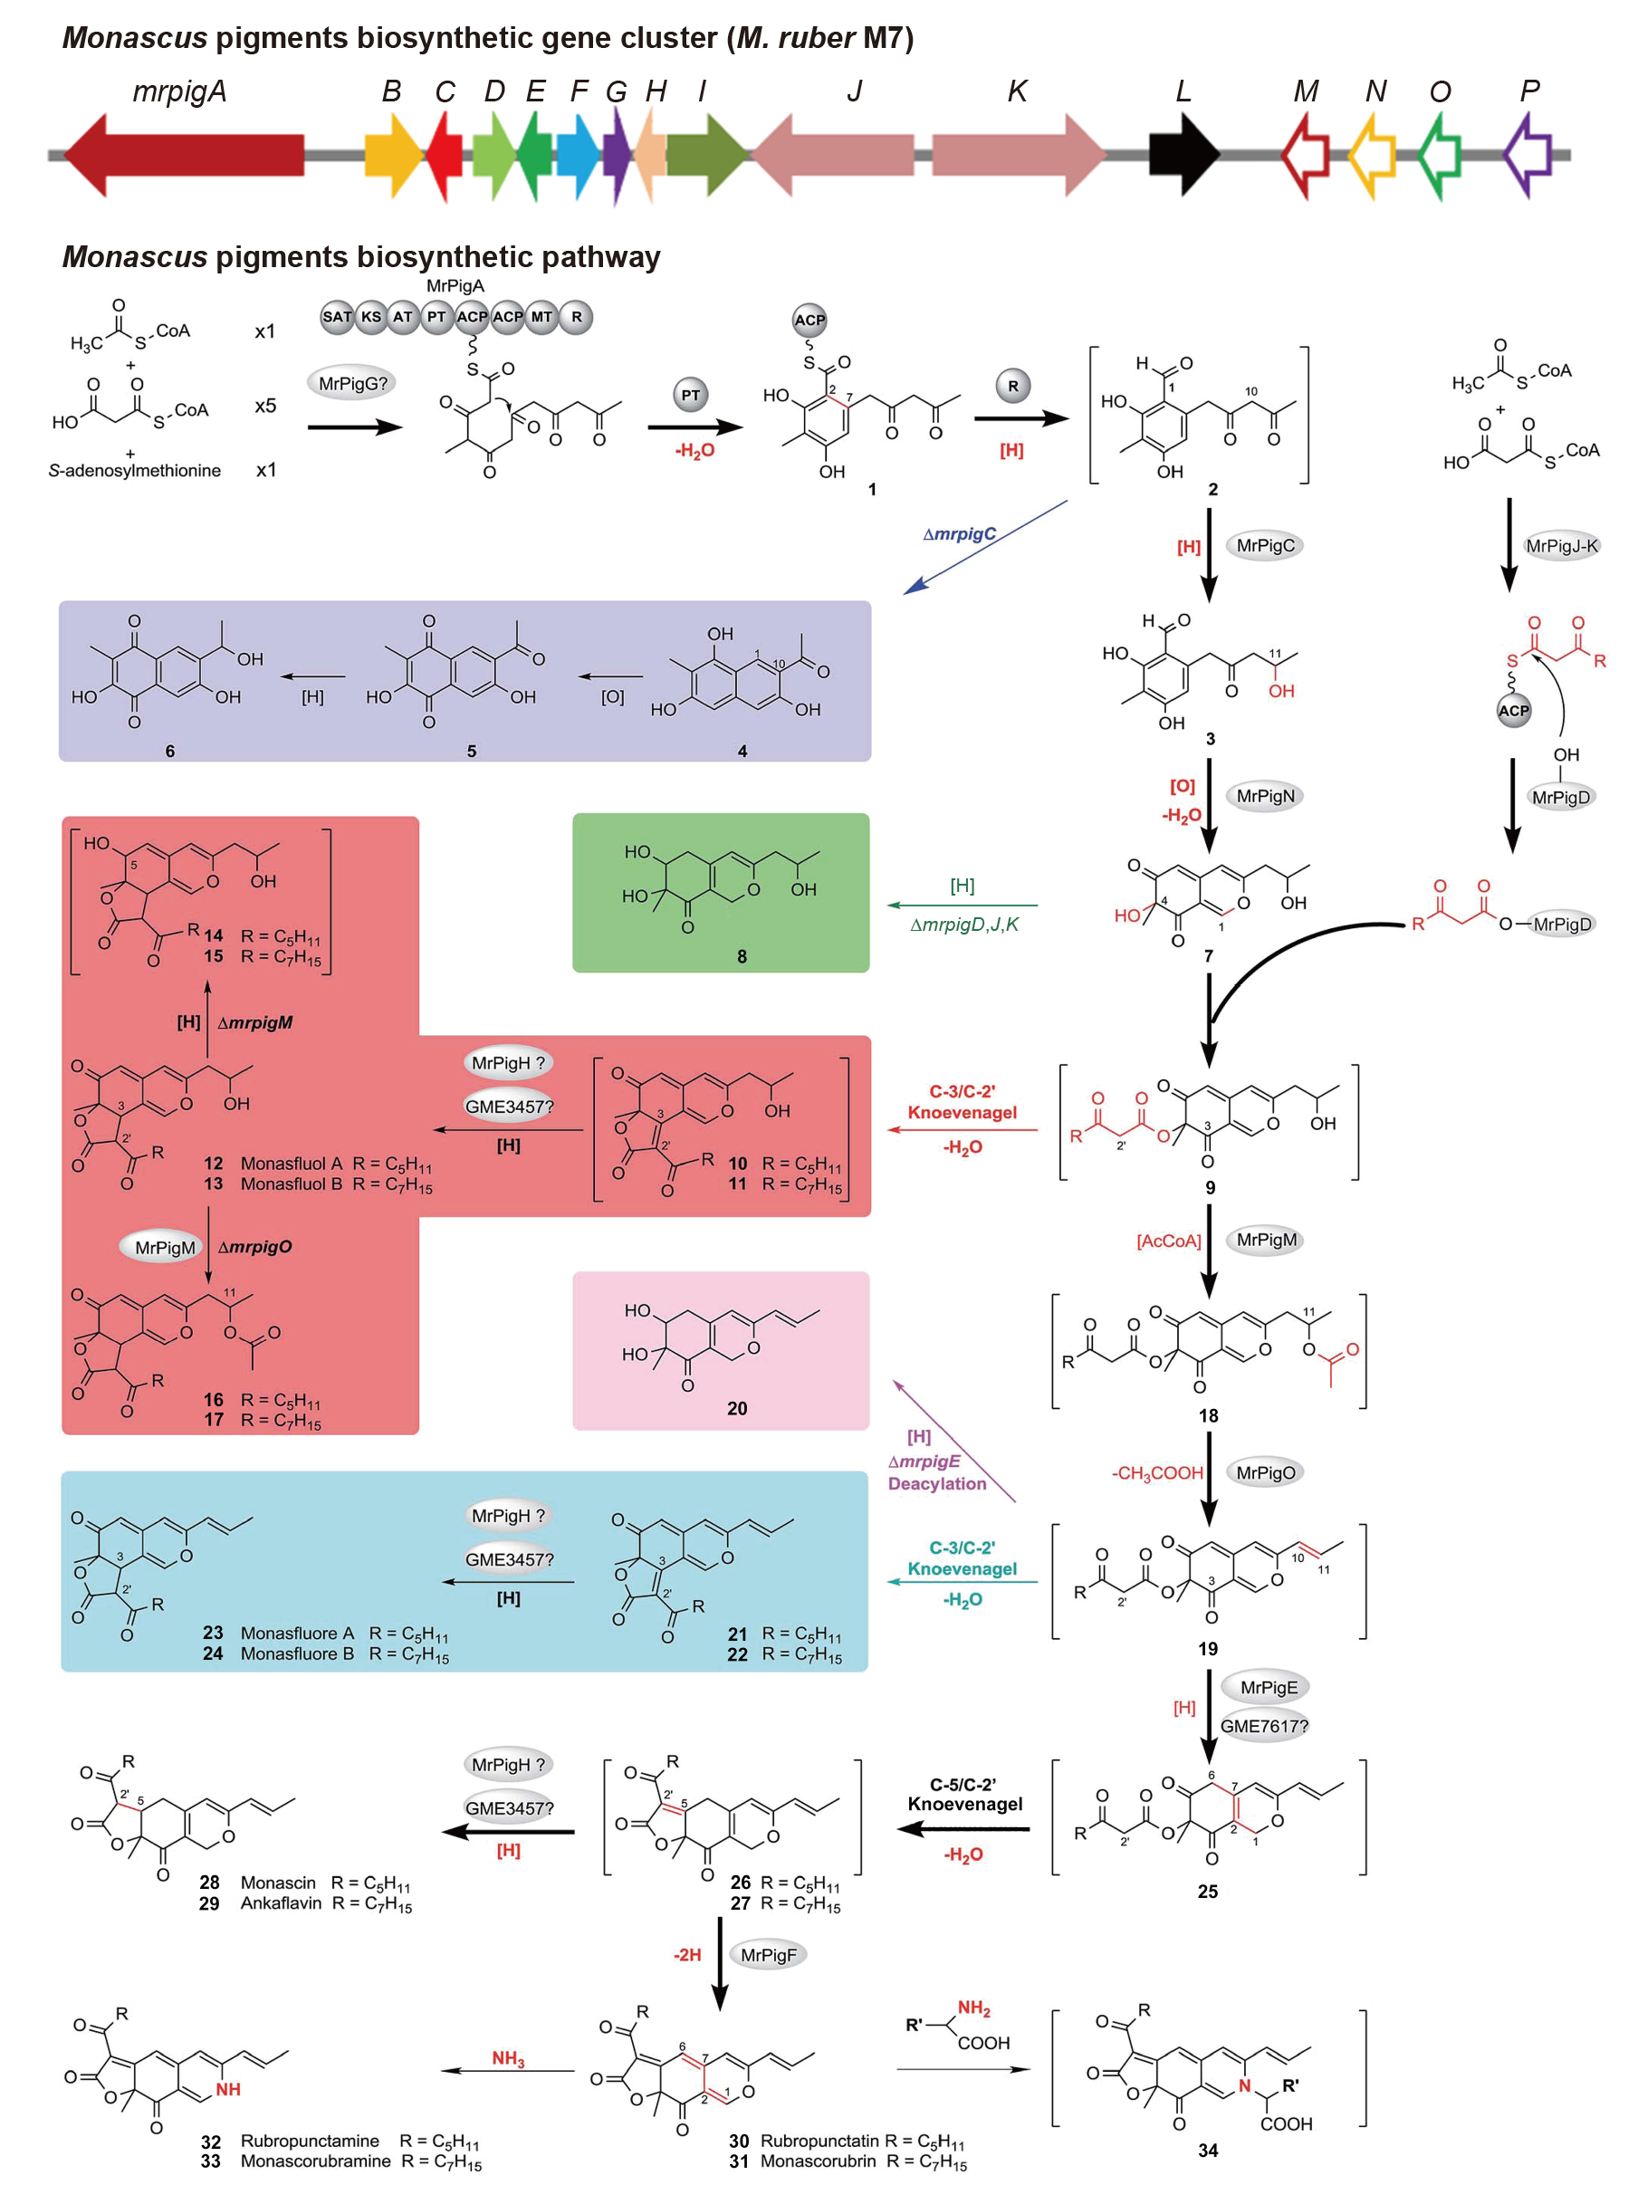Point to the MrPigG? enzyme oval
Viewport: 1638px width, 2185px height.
point(351,383)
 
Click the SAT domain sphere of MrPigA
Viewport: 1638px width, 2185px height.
point(337,317)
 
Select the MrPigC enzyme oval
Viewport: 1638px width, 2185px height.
point(1265,545)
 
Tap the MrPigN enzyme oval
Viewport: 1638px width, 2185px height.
point(1265,796)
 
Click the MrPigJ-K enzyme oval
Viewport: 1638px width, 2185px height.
point(1561,546)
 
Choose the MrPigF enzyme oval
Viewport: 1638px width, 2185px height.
point(768,1955)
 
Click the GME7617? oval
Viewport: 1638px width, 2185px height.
point(1263,1726)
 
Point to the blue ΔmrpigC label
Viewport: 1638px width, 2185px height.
point(958,534)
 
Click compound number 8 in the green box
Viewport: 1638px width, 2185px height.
point(741,956)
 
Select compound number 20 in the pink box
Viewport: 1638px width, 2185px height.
point(737,1409)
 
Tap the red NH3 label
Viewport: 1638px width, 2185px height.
point(508,2058)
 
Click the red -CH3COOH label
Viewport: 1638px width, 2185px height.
point(1157,1472)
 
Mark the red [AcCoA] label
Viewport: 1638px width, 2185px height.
point(1168,1241)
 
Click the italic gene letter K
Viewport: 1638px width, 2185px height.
point(1017,91)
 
